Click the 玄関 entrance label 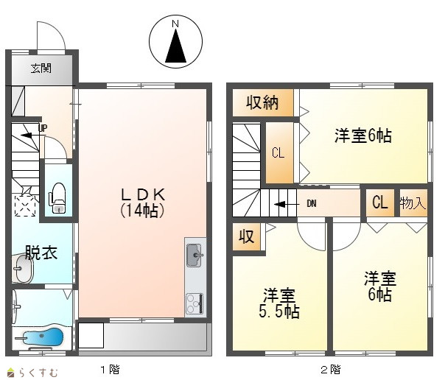tap(41, 68)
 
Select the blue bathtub tap(43, 337)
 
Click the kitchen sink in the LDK tap(195, 256)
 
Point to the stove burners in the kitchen tap(195, 303)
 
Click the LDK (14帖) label tap(143, 203)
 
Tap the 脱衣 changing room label tap(41, 253)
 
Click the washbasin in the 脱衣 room tap(22, 269)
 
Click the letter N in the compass tap(175, 24)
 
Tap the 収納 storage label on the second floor tap(262, 102)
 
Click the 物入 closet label tap(413, 203)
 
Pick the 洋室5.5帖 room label tap(279, 303)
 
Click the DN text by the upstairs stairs tap(312, 203)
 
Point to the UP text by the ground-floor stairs tap(43, 128)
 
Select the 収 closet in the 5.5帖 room tap(246, 236)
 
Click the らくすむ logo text tap(38, 373)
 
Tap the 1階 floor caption tap(111, 370)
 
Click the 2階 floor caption tap(331, 370)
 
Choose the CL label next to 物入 tap(379, 203)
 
